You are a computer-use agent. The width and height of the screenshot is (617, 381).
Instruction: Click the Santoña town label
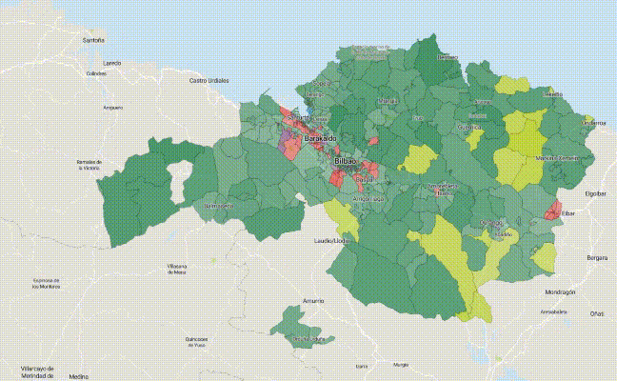(x=93, y=41)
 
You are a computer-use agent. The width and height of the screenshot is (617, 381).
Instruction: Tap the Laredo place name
(x=112, y=63)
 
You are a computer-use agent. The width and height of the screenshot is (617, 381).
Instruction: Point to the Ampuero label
(x=113, y=107)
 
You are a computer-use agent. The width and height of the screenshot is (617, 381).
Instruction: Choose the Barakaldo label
(x=320, y=139)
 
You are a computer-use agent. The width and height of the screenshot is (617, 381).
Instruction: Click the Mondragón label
(x=560, y=291)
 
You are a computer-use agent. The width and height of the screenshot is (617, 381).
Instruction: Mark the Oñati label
(x=596, y=313)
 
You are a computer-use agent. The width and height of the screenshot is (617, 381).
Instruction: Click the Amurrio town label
(x=313, y=301)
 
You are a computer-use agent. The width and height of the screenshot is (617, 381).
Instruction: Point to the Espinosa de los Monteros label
(x=47, y=283)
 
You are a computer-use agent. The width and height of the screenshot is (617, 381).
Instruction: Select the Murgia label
(x=401, y=364)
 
